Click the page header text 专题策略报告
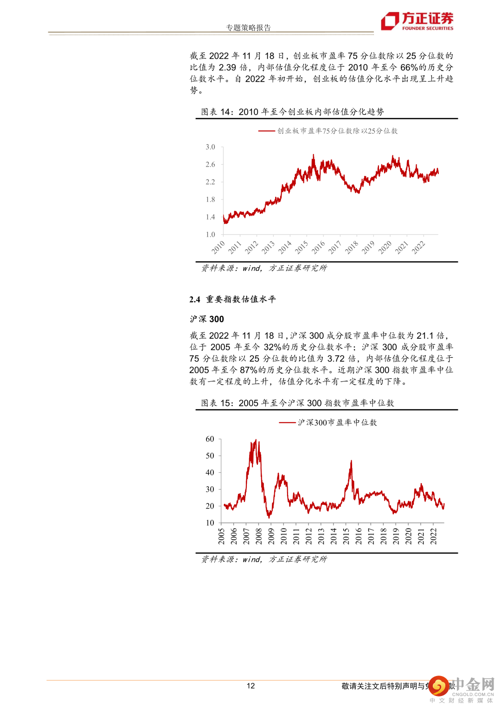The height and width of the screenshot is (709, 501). click(248, 27)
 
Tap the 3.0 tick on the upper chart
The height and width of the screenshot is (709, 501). click(210, 147)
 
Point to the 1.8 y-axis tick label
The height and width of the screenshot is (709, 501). click(210, 200)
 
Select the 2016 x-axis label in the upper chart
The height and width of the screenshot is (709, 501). click(318, 247)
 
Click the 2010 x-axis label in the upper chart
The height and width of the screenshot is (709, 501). click(218, 247)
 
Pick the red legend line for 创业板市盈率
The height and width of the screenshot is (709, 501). click(267, 131)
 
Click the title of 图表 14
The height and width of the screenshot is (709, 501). click(292, 112)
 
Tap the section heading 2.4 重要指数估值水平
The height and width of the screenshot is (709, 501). click(232, 299)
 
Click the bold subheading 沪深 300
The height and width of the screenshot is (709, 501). click(207, 319)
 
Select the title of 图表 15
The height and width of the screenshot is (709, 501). click(297, 403)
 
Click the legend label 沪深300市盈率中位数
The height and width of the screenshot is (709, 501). click(337, 423)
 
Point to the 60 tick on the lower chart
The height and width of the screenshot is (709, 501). click(210, 439)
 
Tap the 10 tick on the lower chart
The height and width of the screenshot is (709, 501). click(210, 522)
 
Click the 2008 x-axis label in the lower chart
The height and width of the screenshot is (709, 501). click(259, 536)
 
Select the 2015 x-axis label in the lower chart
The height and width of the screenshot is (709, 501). click(346, 536)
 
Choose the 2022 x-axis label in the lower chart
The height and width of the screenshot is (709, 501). click(433, 536)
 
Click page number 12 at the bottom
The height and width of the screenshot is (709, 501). click(250, 686)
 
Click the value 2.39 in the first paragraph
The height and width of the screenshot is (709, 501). click(227, 67)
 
